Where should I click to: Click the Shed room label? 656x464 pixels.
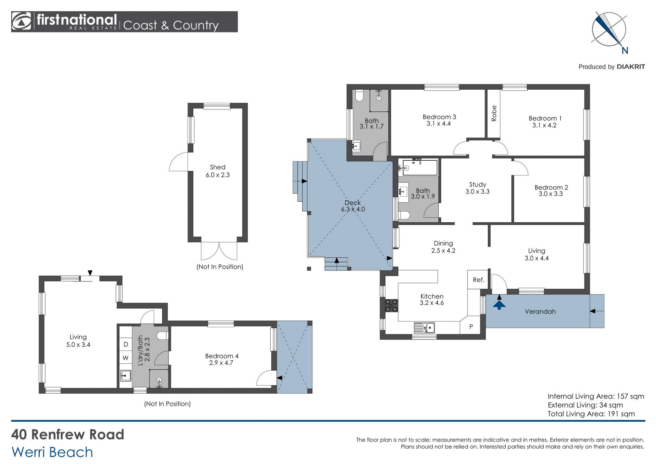tap(218, 167)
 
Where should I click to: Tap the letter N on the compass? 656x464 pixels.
tap(625, 51)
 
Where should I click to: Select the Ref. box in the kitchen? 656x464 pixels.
tap(478, 280)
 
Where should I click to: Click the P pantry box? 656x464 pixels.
tap(471, 327)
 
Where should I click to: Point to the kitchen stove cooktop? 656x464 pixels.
tap(392, 305)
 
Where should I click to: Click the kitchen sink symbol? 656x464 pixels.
tap(424, 328)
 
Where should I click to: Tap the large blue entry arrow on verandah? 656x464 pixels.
tap(499, 305)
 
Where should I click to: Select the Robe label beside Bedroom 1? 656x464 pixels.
tap(494, 113)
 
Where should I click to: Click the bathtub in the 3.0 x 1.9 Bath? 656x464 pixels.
tap(420, 168)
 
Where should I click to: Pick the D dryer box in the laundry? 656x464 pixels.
tap(125, 344)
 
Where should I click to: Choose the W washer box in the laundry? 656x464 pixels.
tap(125, 358)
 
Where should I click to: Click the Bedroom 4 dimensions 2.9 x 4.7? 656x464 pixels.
tap(221, 363)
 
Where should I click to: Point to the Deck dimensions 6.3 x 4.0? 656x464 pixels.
tap(353, 209)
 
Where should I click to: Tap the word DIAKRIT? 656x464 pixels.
tap(631, 67)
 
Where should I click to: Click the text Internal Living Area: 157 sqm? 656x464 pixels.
tap(596, 396)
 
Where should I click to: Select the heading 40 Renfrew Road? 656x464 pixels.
tap(68, 434)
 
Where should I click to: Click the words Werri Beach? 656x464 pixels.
tap(52, 452)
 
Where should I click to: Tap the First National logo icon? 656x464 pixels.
tap(21, 22)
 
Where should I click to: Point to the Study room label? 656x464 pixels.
tap(477, 185)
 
